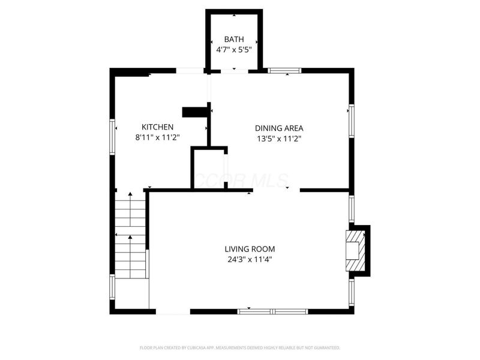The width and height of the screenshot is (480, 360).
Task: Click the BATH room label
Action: pos(233,39)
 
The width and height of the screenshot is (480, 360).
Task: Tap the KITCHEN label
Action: pos(157,127)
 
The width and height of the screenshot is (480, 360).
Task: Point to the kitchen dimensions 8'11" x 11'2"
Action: pos(157,137)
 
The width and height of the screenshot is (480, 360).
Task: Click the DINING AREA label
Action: pos(279,128)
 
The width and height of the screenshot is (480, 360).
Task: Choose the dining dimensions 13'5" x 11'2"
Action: pos(279,138)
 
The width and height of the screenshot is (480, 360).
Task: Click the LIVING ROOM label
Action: pos(250,249)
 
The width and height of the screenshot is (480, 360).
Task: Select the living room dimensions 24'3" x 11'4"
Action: pos(250,260)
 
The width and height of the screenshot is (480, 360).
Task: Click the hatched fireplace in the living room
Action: pos(355,250)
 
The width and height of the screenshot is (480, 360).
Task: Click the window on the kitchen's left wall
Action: pos(112,137)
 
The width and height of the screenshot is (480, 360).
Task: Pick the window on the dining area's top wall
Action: pos(284,71)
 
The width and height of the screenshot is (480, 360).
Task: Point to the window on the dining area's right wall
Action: pos(352,121)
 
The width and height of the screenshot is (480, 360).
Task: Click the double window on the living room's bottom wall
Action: pos(273,311)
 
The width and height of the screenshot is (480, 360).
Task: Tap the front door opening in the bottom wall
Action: pos(173,312)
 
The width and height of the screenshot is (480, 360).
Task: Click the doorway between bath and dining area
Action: pos(234,71)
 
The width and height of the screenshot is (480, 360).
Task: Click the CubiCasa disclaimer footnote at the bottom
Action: pos(240,347)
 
